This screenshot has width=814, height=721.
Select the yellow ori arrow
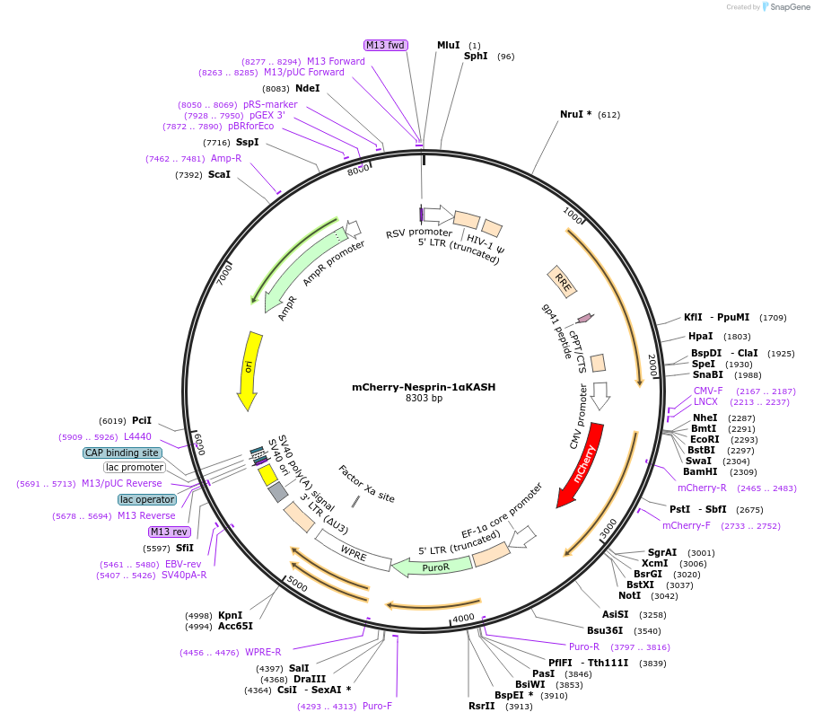[x=250, y=369]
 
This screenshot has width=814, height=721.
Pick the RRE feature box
[x=563, y=282]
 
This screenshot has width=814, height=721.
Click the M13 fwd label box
[x=385, y=45]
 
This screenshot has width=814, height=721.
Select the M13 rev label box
[x=170, y=532]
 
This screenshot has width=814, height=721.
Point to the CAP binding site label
[x=123, y=453]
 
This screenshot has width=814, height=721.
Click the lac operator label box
[x=147, y=499]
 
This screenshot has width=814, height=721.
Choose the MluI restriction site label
[x=448, y=45]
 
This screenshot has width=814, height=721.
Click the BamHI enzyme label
[x=700, y=471]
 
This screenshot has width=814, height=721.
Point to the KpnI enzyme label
[x=230, y=615]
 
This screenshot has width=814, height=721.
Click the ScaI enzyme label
[x=219, y=174]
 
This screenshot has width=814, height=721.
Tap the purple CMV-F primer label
[x=708, y=391]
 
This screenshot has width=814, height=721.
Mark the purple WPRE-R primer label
[x=263, y=652]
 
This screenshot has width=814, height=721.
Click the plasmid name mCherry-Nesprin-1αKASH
[x=424, y=387]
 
